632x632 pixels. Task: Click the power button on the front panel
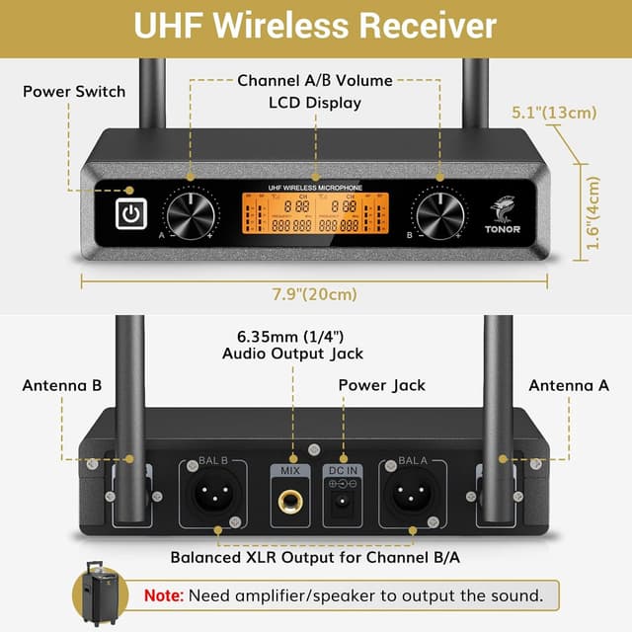click(130, 212)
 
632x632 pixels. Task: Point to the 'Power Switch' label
click(74, 91)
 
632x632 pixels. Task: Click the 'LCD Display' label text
click(315, 103)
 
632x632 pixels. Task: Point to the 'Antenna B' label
click(62, 385)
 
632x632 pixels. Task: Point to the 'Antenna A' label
click(569, 385)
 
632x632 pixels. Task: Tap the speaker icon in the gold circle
click(101, 595)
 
